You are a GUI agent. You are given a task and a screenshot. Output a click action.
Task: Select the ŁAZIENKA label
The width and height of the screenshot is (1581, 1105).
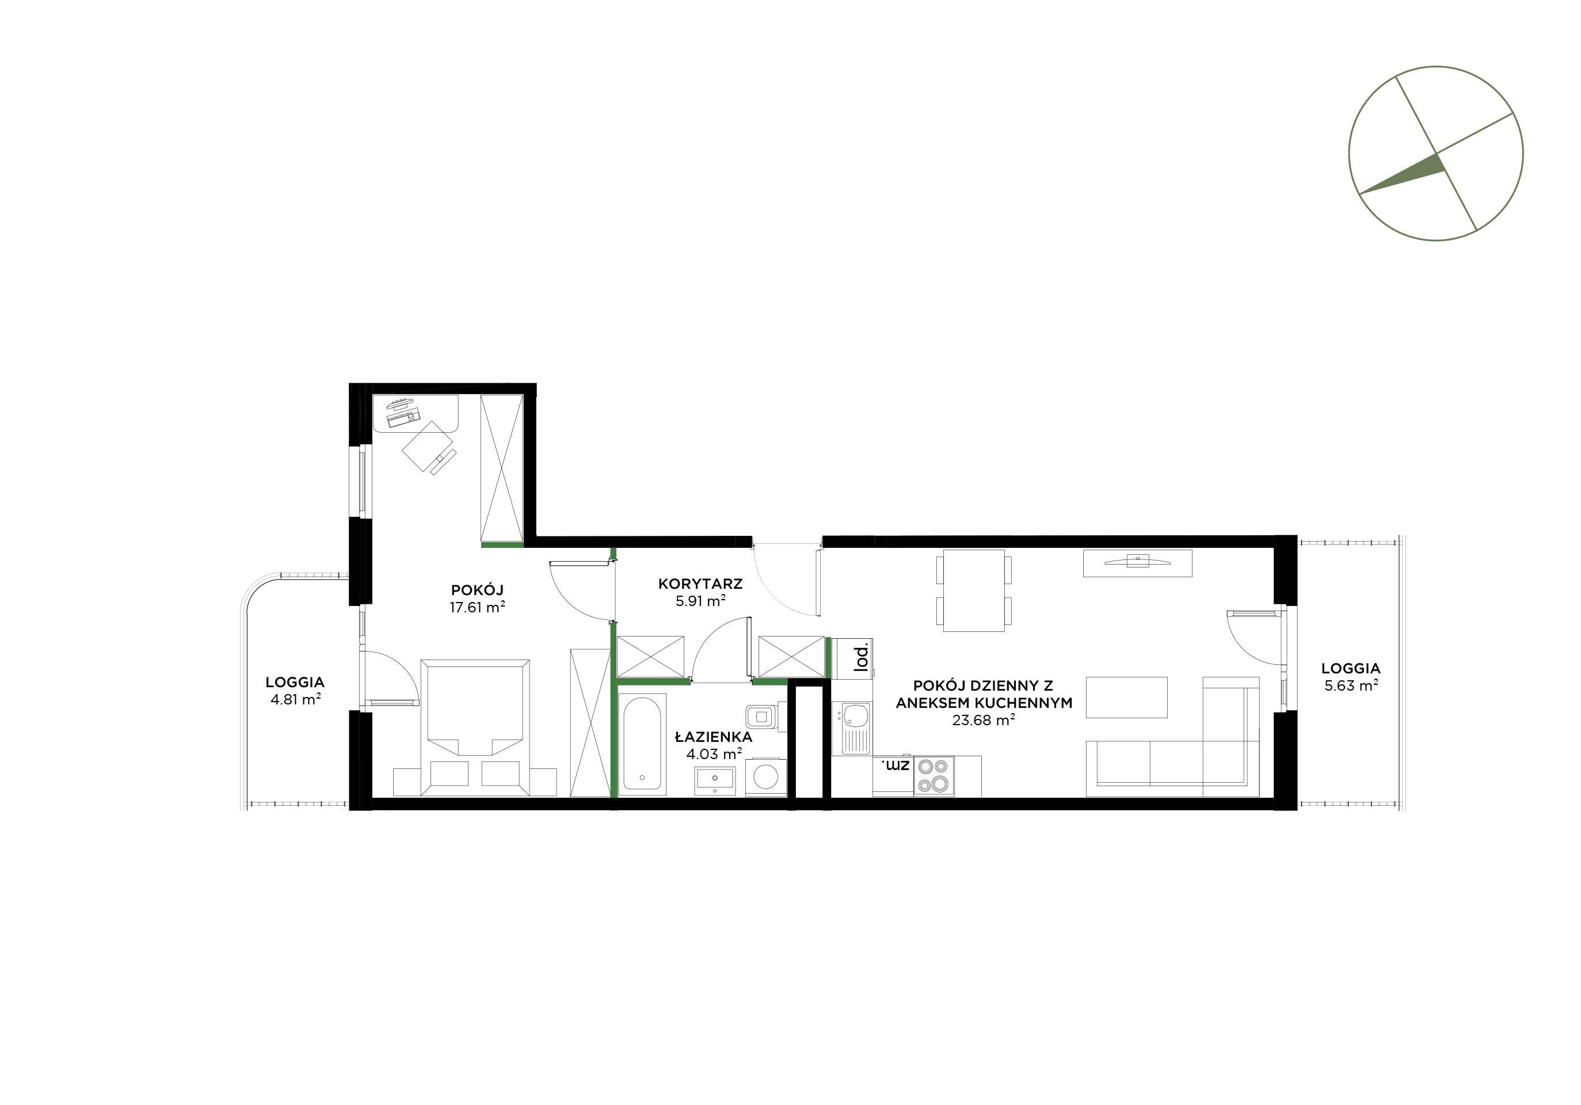pos(714,737)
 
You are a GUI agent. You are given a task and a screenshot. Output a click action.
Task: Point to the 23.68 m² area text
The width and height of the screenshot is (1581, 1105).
pos(984,721)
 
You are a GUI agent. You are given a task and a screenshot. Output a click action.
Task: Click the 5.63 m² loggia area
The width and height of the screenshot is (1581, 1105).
pos(1351,685)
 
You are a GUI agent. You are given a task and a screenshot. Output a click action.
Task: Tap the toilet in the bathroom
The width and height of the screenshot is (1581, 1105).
pos(765,717)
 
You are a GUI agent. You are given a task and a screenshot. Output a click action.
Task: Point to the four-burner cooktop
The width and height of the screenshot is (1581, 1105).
pos(934,776)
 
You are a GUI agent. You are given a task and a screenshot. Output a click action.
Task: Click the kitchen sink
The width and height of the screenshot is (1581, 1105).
pos(852,727)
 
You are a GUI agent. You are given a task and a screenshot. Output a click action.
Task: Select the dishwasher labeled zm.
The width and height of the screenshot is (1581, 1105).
pos(893,776)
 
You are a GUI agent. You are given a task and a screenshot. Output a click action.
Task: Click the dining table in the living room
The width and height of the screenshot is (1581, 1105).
pos(974,590)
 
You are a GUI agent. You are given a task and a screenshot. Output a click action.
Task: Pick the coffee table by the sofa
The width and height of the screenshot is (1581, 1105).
pos(1126,698)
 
